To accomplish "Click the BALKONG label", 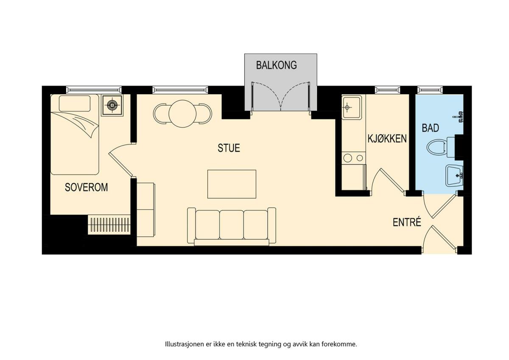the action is click(276, 65).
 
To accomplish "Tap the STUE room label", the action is click(229, 148).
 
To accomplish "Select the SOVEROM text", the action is click(87, 187).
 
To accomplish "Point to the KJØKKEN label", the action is click(387, 139).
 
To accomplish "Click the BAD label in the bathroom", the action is click(431, 128).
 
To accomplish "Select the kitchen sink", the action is click(352, 107).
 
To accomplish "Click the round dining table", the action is click(182, 114).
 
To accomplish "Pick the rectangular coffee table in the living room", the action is click(232, 184).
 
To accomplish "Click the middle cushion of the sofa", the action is click(232, 225).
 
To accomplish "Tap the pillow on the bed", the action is click(75, 104).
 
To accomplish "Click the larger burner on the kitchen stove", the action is click(347, 158).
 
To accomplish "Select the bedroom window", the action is click(94, 90).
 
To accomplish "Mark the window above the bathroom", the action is click(430, 90).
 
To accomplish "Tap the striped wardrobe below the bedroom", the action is click(109, 225).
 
